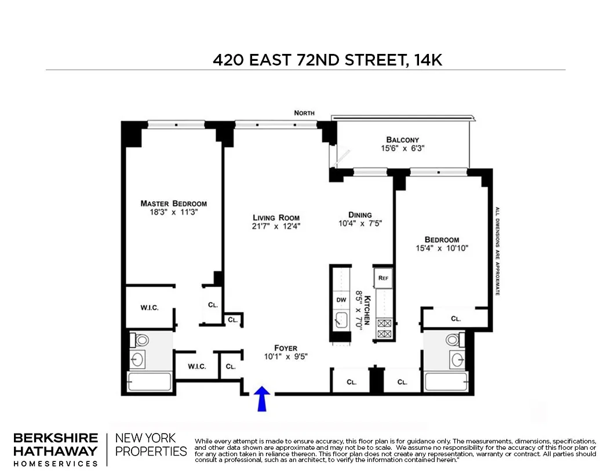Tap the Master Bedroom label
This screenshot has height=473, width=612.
tap(173, 203)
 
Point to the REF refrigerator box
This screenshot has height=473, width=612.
tap(383, 278)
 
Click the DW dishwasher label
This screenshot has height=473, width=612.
tap(341, 300)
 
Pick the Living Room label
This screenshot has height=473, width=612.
tap(276, 218)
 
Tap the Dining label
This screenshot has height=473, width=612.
tap(360, 214)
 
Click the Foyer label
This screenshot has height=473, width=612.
tap(285, 348)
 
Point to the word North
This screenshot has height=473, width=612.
tap(304, 113)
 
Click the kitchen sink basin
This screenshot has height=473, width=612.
tap(341, 320)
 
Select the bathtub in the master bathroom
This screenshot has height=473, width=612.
tap(150, 382)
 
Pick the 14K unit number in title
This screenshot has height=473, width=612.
tap(428, 60)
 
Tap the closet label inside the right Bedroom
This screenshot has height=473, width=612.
tap(456, 319)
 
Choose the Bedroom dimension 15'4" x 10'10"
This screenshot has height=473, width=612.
tap(442, 248)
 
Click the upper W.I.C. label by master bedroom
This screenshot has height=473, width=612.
tap(149, 307)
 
